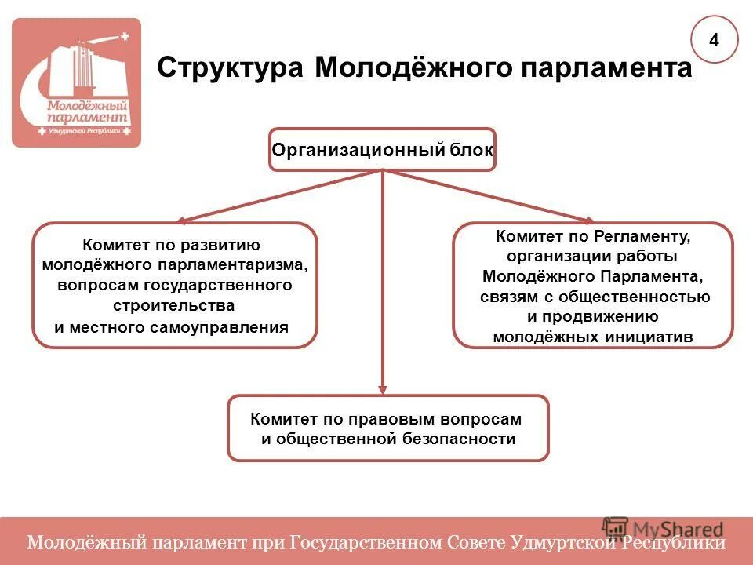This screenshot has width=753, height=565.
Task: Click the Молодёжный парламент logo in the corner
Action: coord(76,83)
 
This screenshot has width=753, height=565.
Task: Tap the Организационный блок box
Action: coord(383,149)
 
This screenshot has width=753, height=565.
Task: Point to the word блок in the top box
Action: coord(472,149)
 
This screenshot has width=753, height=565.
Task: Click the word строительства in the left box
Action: coord(173,304)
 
